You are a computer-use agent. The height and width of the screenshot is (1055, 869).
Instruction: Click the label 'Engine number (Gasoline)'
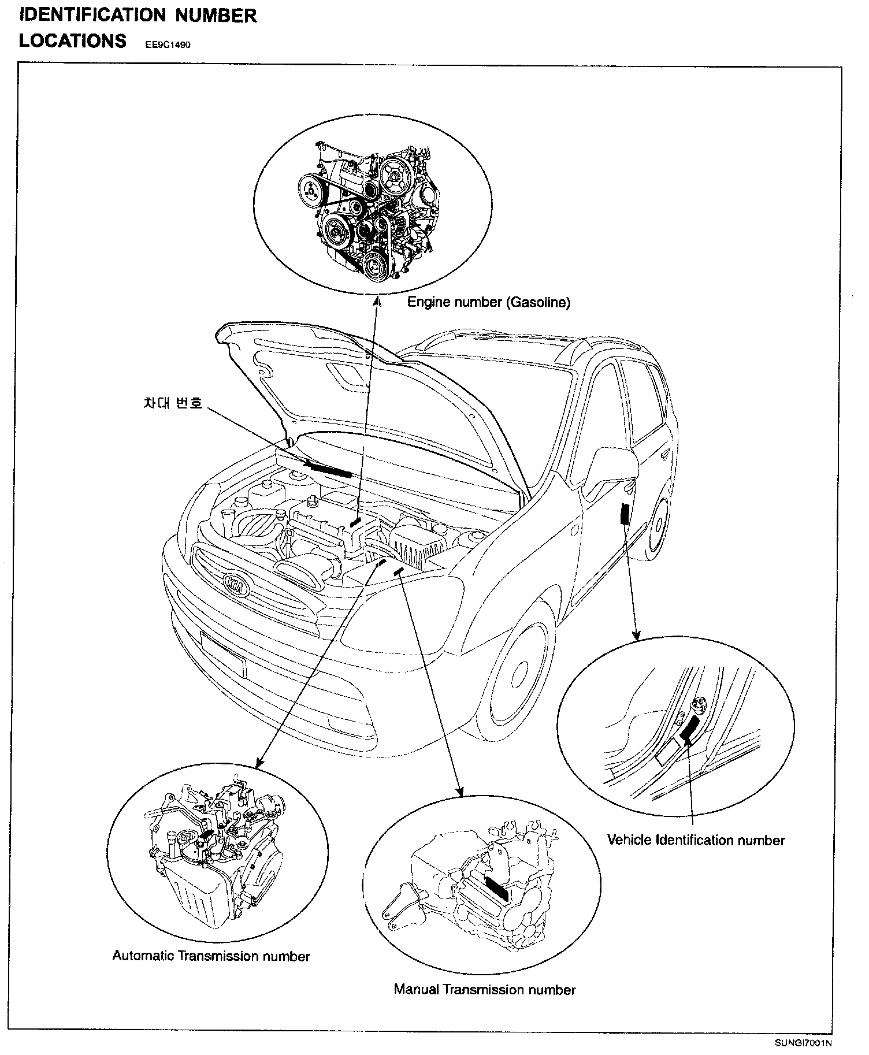(489, 302)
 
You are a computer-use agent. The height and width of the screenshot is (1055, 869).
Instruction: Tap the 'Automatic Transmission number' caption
(211, 956)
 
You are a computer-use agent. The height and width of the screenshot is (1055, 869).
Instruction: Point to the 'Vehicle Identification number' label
(696, 840)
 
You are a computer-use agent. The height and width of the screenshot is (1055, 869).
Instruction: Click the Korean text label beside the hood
(173, 403)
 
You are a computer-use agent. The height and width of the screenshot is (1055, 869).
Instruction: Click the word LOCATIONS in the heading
(73, 41)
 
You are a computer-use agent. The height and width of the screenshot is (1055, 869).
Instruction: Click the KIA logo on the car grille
(237, 583)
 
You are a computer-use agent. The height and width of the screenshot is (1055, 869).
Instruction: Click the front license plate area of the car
(222, 653)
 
